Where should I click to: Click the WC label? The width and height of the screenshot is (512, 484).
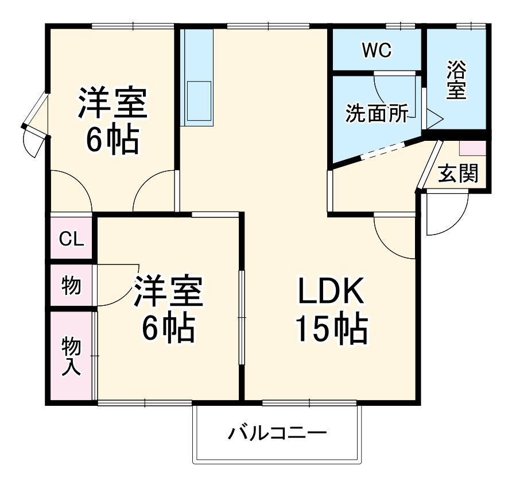(x=376, y=51)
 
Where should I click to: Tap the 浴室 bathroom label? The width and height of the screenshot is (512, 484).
(x=456, y=81)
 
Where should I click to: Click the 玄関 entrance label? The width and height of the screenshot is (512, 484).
(x=458, y=173)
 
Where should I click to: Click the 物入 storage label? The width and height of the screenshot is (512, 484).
(x=71, y=356)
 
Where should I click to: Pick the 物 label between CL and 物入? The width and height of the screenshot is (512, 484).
(x=71, y=285)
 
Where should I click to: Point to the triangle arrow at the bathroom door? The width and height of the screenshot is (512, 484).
(x=433, y=120)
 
